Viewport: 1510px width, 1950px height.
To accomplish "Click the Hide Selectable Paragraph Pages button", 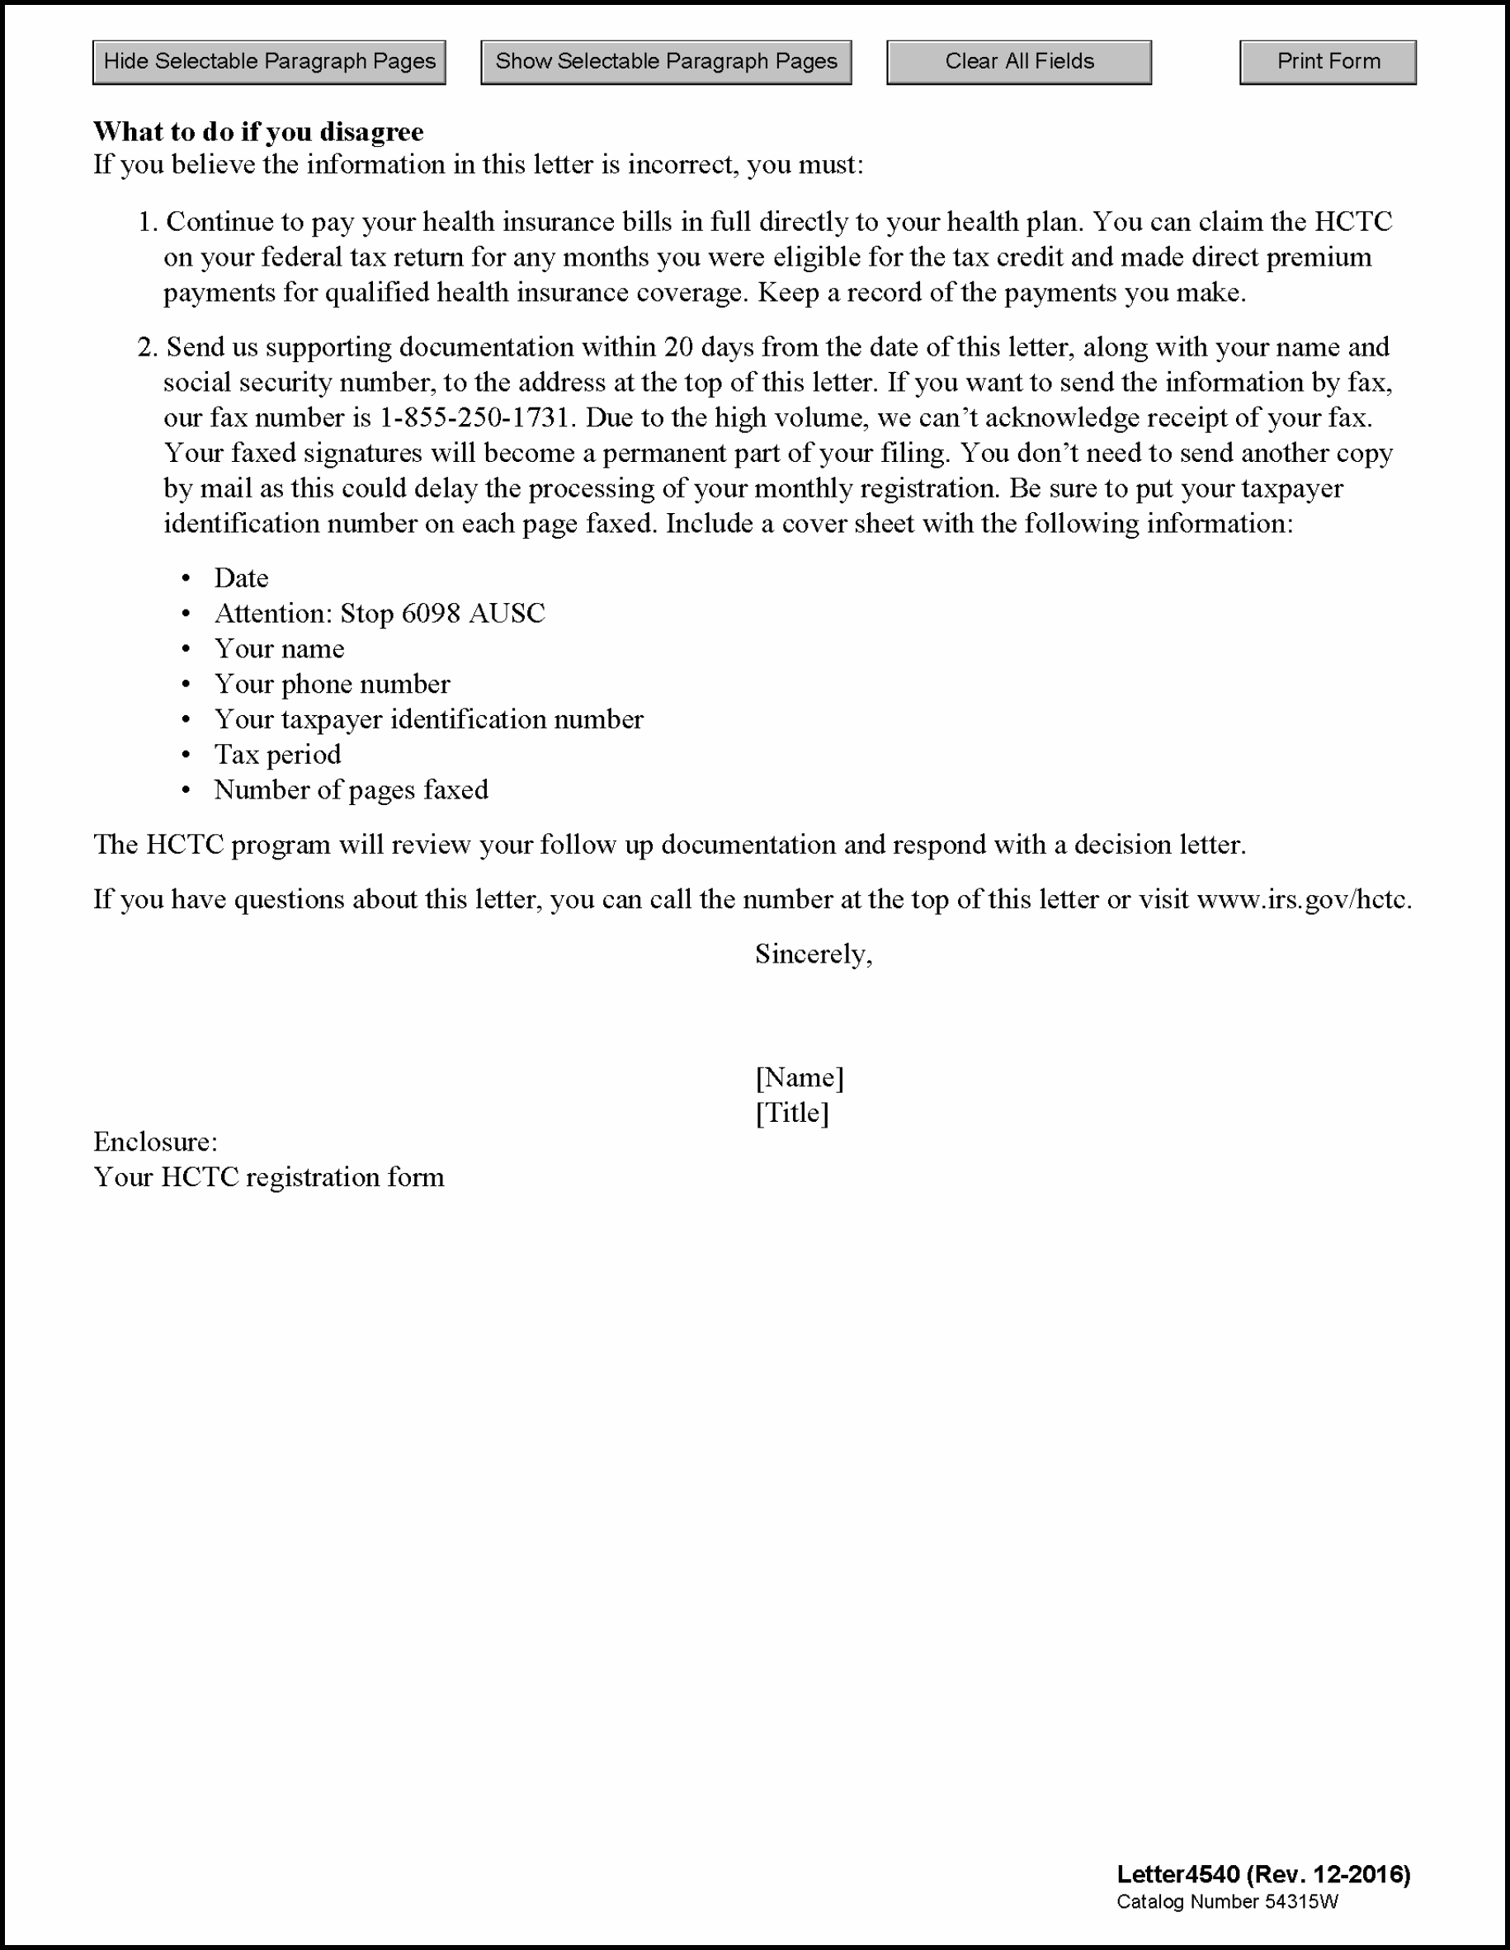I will pyautogui.click(x=269, y=63).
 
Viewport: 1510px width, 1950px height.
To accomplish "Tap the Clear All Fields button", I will pyautogui.click(x=1018, y=63).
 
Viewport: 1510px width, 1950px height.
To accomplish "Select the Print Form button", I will pyautogui.click(x=1327, y=63).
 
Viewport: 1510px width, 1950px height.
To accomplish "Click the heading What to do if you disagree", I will pyautogui.click(x=258, y=132).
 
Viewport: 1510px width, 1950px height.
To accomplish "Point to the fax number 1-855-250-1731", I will pyautogui.click(x=474, y=418).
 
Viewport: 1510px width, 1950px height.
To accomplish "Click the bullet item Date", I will pyautogui.click(x=241, y=578).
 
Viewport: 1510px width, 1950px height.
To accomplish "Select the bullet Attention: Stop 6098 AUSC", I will pyautogui.click(x=380, y=614).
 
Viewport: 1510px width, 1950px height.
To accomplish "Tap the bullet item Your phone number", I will pyautogui.click(x=333, y=684).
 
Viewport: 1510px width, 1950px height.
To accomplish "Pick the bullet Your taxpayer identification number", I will pyautogui.click(x=428, y=719).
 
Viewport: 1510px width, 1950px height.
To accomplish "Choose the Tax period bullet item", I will pyautogui.click(x=278, y=755).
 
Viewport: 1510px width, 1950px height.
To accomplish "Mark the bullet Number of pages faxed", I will pyautogui.click(x=351, y=790).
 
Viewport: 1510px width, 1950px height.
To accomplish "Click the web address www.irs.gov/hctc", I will pyautogui.click(x=1303, y=899).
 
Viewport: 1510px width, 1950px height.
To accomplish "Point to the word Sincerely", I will pyautogui.click(x=813, y=954).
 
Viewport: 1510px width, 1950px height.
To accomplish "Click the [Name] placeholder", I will pyautogui.click(x=800, y=1077).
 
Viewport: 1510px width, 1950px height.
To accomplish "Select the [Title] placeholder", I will pyautogui.click(x=792, y=1114).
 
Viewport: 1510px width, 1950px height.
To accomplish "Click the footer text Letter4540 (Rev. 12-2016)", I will pyautogui.click(x=1262, y=1874).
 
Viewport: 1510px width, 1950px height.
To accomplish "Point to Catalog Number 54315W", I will pyautogui.click(x=1227, y=1902).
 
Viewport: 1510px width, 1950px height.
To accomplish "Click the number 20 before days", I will pyautogui.click(x=678, y=347).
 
